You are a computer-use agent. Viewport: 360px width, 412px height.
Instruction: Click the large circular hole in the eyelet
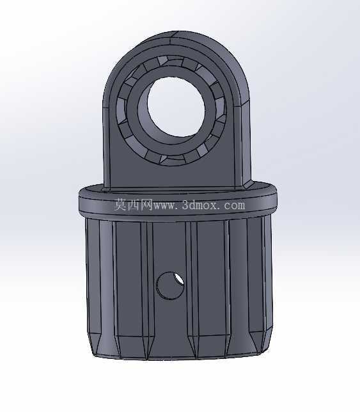pos(176,107)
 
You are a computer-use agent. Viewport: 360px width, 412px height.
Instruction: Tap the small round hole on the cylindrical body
pos(170,285)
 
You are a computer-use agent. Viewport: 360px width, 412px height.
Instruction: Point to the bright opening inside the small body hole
pos(179,278)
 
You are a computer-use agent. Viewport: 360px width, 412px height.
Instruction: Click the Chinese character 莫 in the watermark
pos(120,205)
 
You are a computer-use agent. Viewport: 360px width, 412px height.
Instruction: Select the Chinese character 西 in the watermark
pos(134,205)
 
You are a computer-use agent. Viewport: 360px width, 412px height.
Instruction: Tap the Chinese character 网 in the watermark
pos(146,205)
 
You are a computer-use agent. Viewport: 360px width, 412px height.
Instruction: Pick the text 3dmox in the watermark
pos(200,205)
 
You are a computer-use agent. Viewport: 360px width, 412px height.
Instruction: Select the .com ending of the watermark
pos(232,205)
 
